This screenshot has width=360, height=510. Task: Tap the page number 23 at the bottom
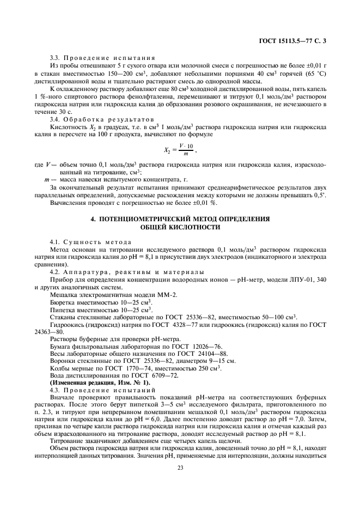(x=180, y=481)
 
